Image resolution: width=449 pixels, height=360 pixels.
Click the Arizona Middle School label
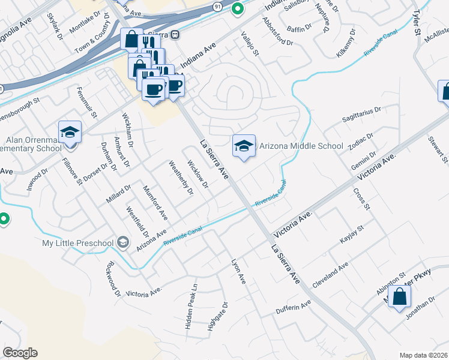(301, 146)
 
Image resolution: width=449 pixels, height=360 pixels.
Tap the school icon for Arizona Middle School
(244, 145)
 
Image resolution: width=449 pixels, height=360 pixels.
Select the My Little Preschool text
(78, 242)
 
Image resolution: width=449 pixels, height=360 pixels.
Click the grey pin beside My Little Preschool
(124, 242)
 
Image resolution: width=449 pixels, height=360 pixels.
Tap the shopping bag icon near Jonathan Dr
(400, 296)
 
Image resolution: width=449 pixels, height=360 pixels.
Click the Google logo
(20, 353)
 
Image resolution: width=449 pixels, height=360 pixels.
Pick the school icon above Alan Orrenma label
(70, 133)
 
